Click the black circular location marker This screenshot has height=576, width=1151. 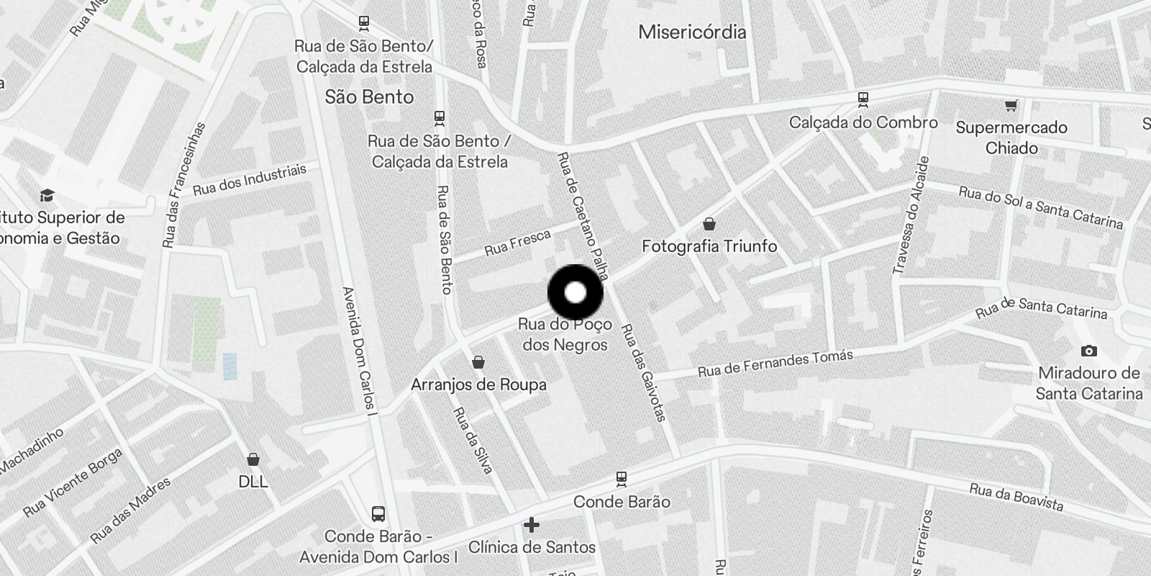(x=575, y=293)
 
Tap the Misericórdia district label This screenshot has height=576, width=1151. (x=692, y=32)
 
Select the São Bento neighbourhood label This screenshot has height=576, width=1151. (x=369, y=97)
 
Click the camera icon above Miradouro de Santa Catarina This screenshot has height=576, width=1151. (x=1088, y=351)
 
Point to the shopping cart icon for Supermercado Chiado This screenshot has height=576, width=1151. (x=1011, y=106)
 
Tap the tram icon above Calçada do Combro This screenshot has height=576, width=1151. (x=863, y=99)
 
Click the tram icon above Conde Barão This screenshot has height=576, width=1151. (x=622, y=478)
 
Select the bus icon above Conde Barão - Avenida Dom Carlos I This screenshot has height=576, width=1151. (x=378, y=514)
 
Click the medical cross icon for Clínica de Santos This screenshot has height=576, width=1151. (x=532, y=525)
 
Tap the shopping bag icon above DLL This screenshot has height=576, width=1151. (x=253, y=459)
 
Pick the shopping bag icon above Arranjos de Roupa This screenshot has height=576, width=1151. (x=478, y=362)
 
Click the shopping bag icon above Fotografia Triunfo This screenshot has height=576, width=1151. (x=709, y=224)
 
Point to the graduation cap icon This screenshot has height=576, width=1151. (x=47, y=195)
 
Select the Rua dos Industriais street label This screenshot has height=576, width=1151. (x=250, y=180)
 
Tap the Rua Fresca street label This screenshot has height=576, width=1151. (x=517, y=243)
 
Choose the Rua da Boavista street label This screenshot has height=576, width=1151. (x=1016, y=497)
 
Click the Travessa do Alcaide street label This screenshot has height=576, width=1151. (x=911, y=215)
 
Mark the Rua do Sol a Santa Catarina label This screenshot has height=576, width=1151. (x=1040, y=207)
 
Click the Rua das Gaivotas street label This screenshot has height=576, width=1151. (x=643, y=372)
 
